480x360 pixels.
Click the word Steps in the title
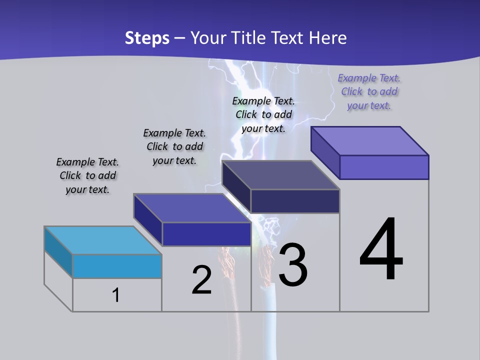pos(147,38)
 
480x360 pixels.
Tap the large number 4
pos(381,250)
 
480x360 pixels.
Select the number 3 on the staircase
pos(293,265)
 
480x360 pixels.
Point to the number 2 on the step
pos(202,280)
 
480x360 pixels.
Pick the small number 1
pos(116,295)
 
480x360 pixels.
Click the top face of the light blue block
pos(102,240)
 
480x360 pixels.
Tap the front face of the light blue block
pos(117,266)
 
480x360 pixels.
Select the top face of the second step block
pos(191,208)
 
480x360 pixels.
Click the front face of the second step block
pos(206,234)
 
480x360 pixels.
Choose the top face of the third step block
pos(281,175)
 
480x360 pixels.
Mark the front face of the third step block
pos(295,201)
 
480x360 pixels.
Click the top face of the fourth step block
pos(370,141)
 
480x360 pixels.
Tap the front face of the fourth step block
pos(384,167)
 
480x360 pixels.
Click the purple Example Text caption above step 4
pos(369,91)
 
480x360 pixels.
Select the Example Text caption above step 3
pos(263,114)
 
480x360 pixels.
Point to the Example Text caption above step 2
pos(174,146)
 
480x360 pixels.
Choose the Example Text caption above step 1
pos(87,175)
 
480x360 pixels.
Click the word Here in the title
pos(328,38)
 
